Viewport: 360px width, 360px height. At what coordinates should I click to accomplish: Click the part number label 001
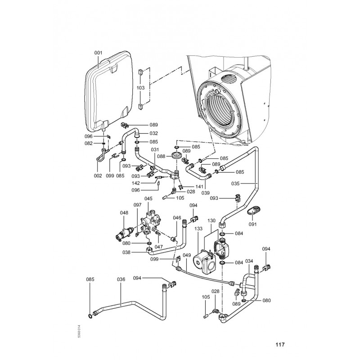pos(99,53)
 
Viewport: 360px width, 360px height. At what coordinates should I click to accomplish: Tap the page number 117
pos(279,346)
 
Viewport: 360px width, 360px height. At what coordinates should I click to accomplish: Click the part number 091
pos(253,223)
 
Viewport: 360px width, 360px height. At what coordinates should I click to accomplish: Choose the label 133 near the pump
pos(198,229)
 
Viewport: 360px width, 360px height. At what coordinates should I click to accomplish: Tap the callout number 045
pos(148,198)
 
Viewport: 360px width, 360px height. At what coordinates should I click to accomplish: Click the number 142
pos(148,183)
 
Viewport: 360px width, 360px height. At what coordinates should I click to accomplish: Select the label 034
pos(249,261)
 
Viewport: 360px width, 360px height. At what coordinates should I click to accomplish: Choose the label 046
pos(177,217)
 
